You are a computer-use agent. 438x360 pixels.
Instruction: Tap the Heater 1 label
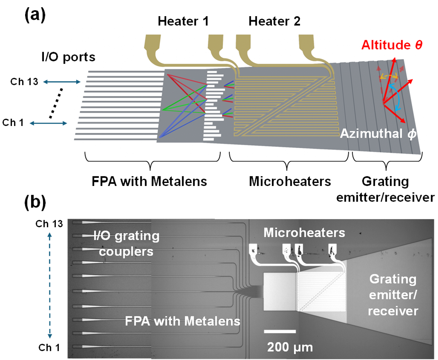pyautogui.click(x=183, y=21)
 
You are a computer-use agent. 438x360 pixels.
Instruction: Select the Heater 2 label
pyautogui.click(x=274, y=21)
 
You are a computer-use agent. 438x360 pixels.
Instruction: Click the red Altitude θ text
pyautogui.click(x=392, y=45)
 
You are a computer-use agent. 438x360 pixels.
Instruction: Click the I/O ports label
pyautogui.click(x=68, y=57)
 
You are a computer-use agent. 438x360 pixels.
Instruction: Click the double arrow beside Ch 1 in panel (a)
pyautogui.click(x=48, y=123)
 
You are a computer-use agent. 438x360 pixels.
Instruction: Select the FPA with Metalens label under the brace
pyautogui.click(x=150, y=181)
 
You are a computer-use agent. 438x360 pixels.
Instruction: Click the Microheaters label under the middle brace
pyautogui.click(x=290, y=181)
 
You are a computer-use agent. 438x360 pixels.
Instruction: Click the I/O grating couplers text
pyautogui.click(x=126, y=244)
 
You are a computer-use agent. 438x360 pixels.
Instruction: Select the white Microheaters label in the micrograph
pyautogui.click(x=304, y=232)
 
